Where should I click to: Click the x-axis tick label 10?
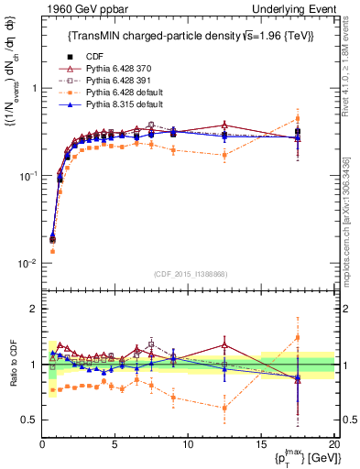pyautogui.click(x=188, y=443)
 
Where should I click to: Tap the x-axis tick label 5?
pyautogui.click(x=115, y=443)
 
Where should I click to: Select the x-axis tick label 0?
pyautogui.click(x=42, y=443)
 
